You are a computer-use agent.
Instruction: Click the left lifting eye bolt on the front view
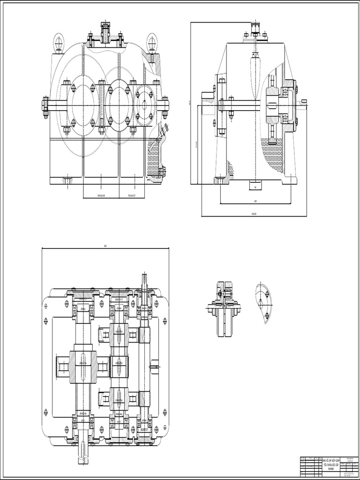(58, 41)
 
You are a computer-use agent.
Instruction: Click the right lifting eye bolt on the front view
(152, 41)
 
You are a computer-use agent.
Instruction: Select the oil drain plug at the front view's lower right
(163, 172)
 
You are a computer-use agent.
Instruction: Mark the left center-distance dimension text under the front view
(101, 195)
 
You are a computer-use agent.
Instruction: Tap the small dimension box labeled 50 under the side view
(255, 186)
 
